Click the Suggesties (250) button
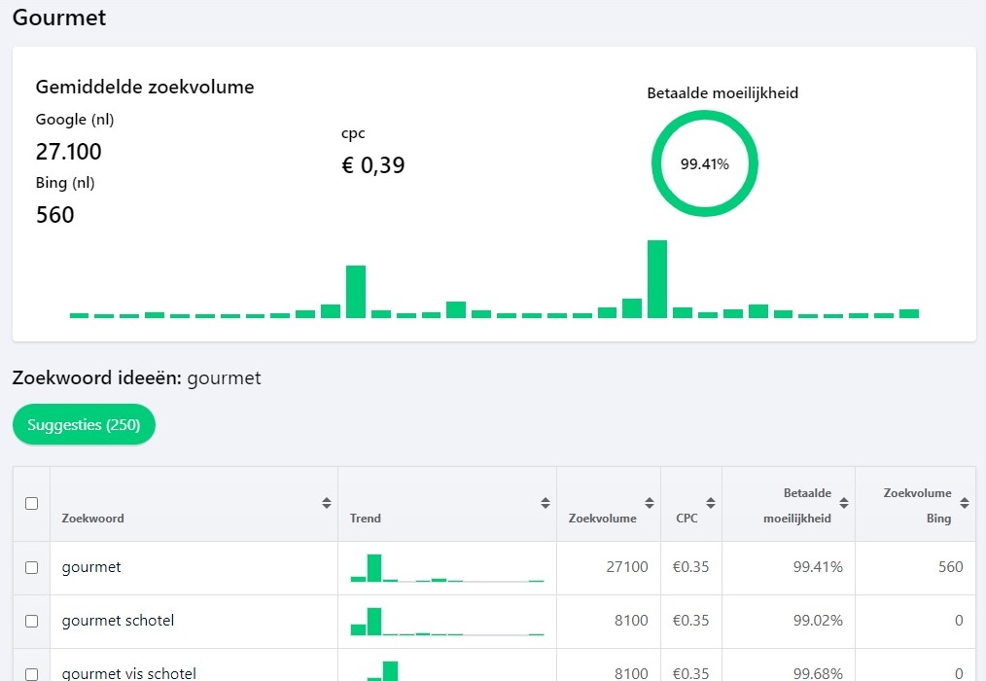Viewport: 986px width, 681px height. click(x=84, y=425)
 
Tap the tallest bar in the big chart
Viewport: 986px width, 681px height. click(x=657, y=279)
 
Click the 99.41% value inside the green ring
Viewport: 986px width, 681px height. click(x=704, y=164)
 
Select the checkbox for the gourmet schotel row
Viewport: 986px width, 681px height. click(x=31, y=622)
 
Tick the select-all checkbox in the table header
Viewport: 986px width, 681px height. click(x=31, y=504)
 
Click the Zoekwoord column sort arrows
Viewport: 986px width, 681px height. click(x=327, y=503)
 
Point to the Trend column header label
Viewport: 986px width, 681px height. click(x=366, y=518)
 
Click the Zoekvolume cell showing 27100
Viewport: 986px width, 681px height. click(x=627, y=567)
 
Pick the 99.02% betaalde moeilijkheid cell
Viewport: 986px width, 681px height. click(x=818, y=621)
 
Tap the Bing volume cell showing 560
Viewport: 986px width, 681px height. click(x=951, y=567)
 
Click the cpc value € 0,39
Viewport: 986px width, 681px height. click(x=372, y=165)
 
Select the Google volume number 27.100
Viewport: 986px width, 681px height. click(x=68, y=152)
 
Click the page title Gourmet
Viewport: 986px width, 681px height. click(x=59, y=18)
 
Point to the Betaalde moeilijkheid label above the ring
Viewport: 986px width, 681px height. click(x=722, y=93)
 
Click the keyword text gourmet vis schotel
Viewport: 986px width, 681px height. click(x=129, y=673)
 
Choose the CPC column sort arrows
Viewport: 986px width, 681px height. click(x=711, y=503)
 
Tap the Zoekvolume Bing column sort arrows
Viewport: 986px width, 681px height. click(x=965, y=503)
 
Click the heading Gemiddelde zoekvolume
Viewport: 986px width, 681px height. click(x=145, y=87)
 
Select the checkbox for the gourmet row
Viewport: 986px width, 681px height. click(x=31, y=568)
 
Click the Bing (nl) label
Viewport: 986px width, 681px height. click(x=65, y=183)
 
